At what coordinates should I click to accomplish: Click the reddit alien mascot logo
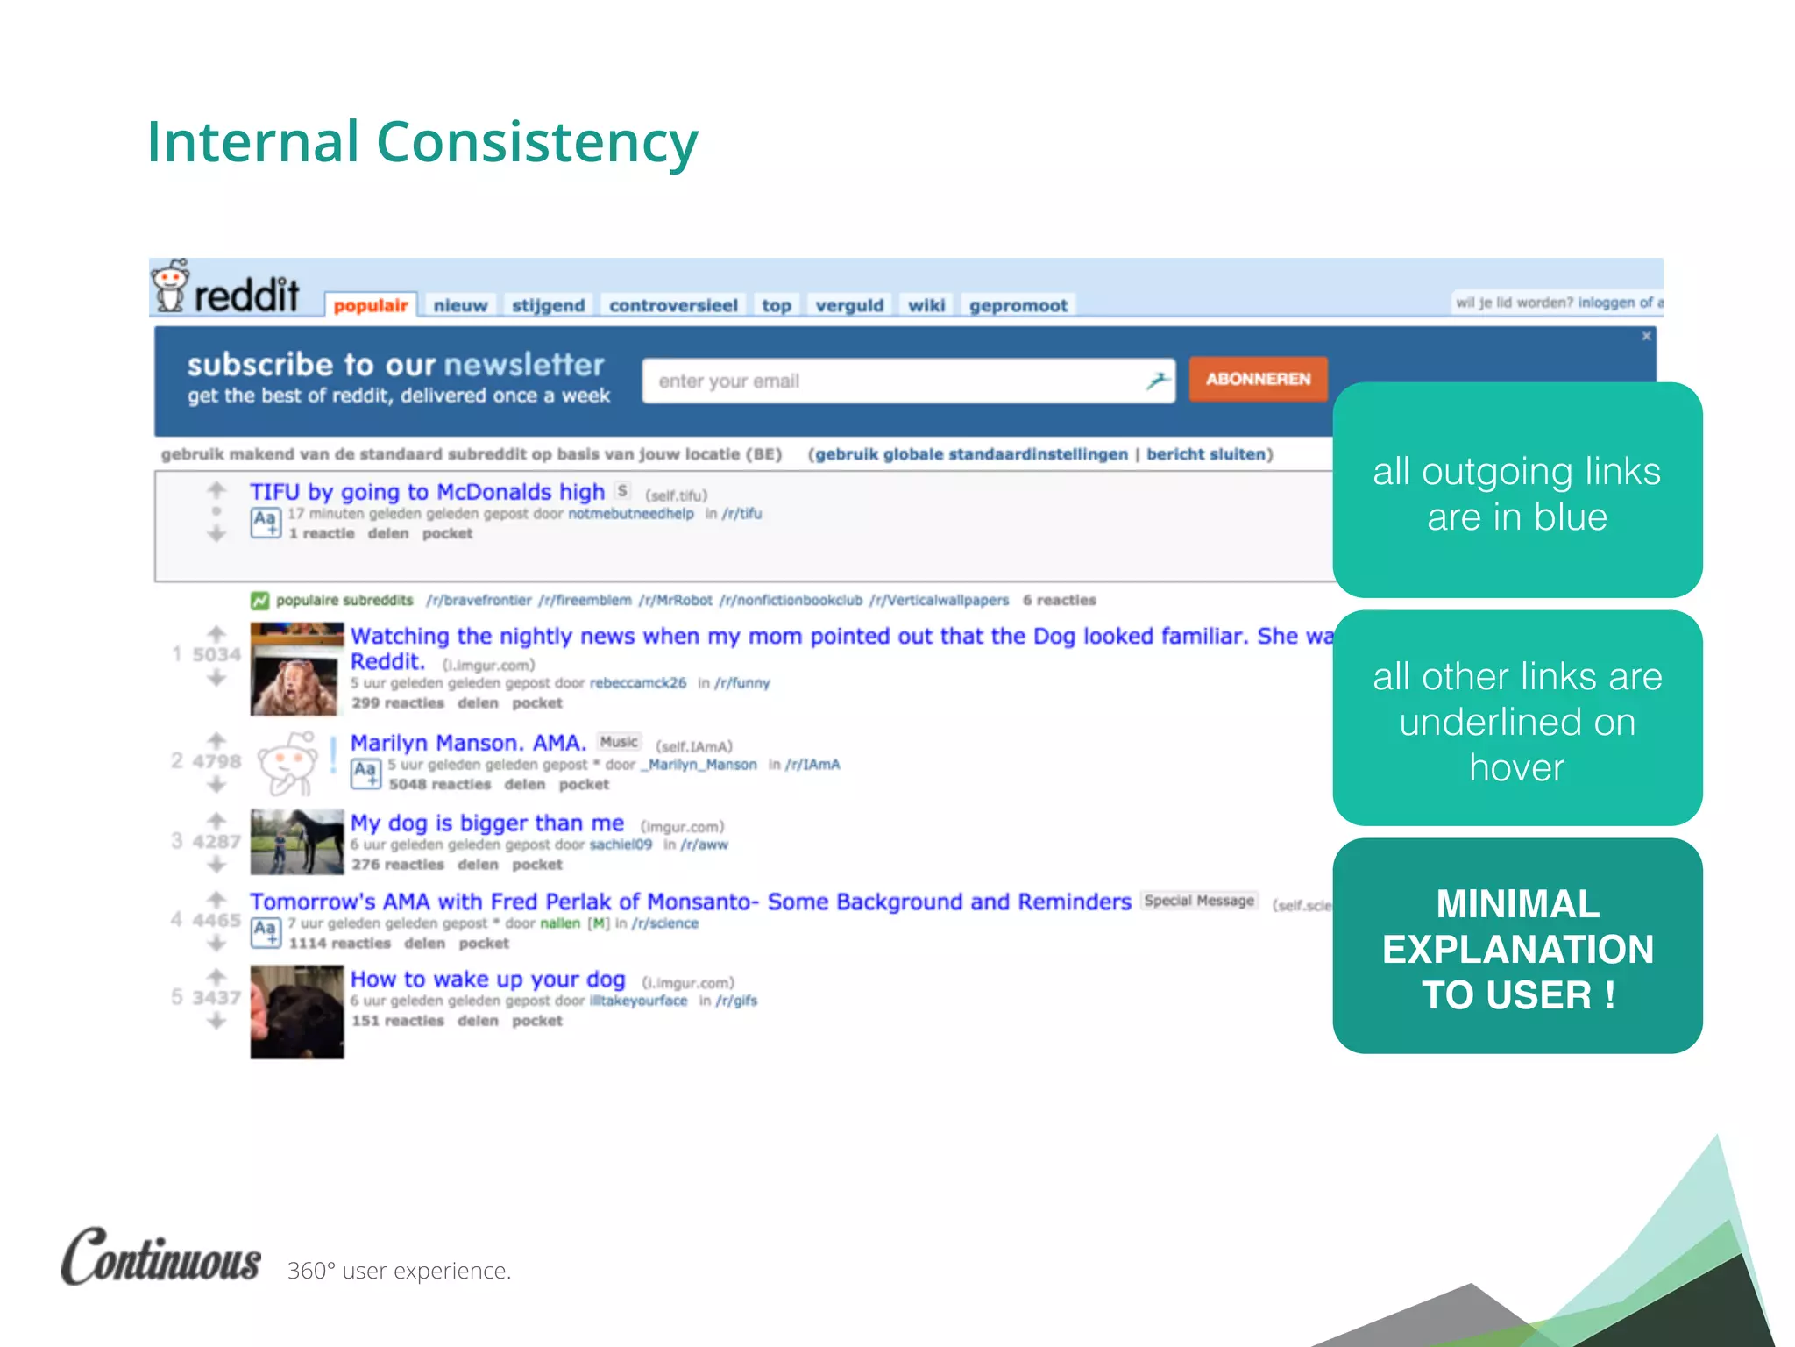[x=170, y=286]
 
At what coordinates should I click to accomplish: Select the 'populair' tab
[x=371, y=305]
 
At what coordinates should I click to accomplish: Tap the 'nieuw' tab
[x=460, y=305]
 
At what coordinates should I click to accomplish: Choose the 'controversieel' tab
[x=673, y=305]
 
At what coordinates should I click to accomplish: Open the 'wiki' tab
[x=926, y=305]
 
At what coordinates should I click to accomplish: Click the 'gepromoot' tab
[x=1018, y=305]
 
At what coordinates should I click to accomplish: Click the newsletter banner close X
[x=1647, y=336]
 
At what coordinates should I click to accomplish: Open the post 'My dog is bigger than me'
[x=487, y=823]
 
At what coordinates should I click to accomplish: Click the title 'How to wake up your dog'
[x=488, y=980]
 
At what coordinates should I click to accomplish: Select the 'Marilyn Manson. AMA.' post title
[x=468, y=743]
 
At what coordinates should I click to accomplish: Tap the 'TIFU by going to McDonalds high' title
[x=427, y=492]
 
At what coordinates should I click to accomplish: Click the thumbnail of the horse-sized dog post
[x=297, y=842]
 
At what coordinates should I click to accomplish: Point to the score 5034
[x=216, y=655]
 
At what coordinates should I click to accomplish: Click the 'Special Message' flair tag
[x=1199, y=901]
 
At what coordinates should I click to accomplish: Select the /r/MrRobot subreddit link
[x=675, y=601]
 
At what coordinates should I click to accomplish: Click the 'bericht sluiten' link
[x=1207, y=454]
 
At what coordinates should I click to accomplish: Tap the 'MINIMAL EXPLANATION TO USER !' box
[x=1517, y=947]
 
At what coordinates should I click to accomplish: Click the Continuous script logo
[x=161, y=1257]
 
